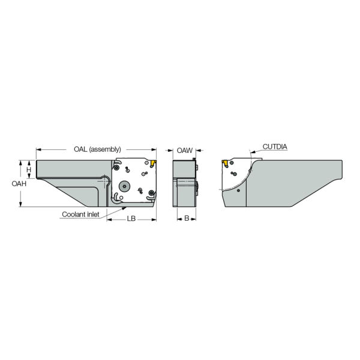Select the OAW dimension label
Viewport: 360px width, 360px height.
point(184,150)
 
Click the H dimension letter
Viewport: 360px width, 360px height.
point(28,170)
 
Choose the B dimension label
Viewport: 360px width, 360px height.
point(186,219)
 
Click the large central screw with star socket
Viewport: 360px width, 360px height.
point(125,185)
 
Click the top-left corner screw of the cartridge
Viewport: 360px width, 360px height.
point(119,166)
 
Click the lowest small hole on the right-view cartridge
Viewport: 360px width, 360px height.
point(239,190)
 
